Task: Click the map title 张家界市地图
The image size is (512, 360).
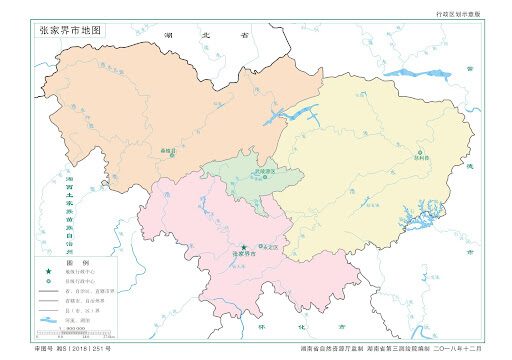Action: pyautogui.click(x=70, y=30)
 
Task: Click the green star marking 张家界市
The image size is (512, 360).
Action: pyautogui.click(x=242, y=246)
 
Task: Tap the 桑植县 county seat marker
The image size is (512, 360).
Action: pyautogui.click(x=171, y=154)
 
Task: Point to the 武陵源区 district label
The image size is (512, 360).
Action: pyautogui.click(x=237, y=172)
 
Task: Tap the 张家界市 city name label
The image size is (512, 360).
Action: pyautogui.click(x=243, y=255)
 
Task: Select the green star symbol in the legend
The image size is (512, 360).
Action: pyautogui.click(x=47, y=272)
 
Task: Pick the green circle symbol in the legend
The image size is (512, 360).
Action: pyautogui.click(x=47, y=281)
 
